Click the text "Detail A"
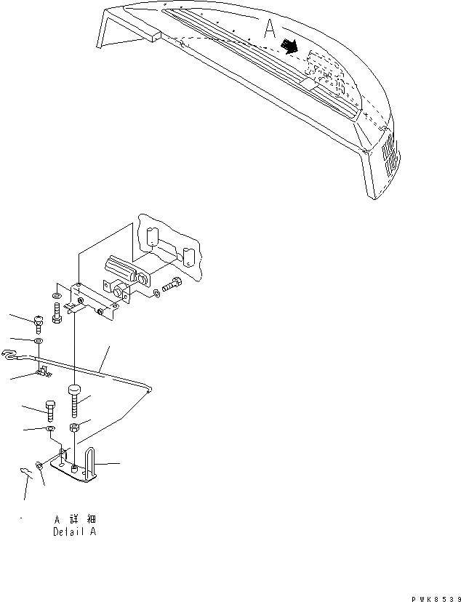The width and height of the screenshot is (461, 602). pyautogui.click(x=75, y=531)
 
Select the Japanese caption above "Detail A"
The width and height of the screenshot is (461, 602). pyautogui.click(x=76, y=520)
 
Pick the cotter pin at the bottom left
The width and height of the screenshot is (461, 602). pyautogui.click(x=25, y=474)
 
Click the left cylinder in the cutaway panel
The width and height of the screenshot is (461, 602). pyautogui.click(x=152, y=238)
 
